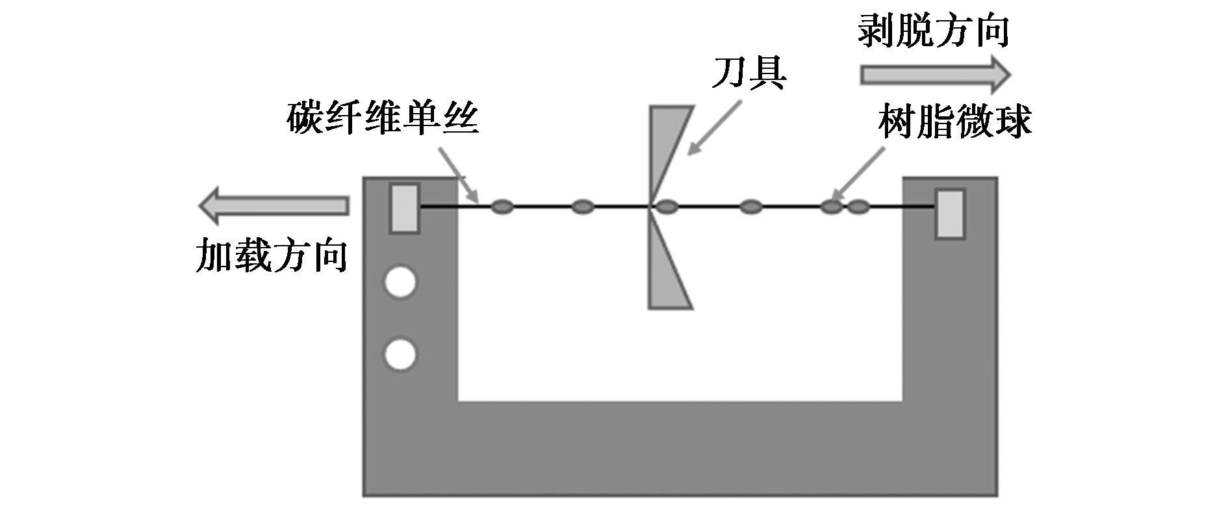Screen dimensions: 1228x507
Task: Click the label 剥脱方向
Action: (934, 31)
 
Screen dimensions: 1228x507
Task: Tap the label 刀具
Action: (749, 72)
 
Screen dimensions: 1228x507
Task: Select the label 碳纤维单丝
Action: (383, 119)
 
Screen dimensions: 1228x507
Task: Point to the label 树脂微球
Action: (954, 122)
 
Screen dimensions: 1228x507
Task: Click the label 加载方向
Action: (272, 255)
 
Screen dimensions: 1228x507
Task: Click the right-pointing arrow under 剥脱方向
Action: (936, 75)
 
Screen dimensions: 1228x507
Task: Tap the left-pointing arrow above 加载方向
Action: (274, 206)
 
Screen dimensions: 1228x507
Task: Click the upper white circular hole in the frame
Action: (400, 283)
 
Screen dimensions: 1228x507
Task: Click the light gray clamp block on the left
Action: (404, 208)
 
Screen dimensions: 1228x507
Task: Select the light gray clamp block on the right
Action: (949, 214)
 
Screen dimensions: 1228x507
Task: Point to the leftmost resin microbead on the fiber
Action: (502, 207)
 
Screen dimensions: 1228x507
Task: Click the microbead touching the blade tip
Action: (667, 207)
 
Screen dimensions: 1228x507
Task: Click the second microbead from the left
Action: (583, 207)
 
